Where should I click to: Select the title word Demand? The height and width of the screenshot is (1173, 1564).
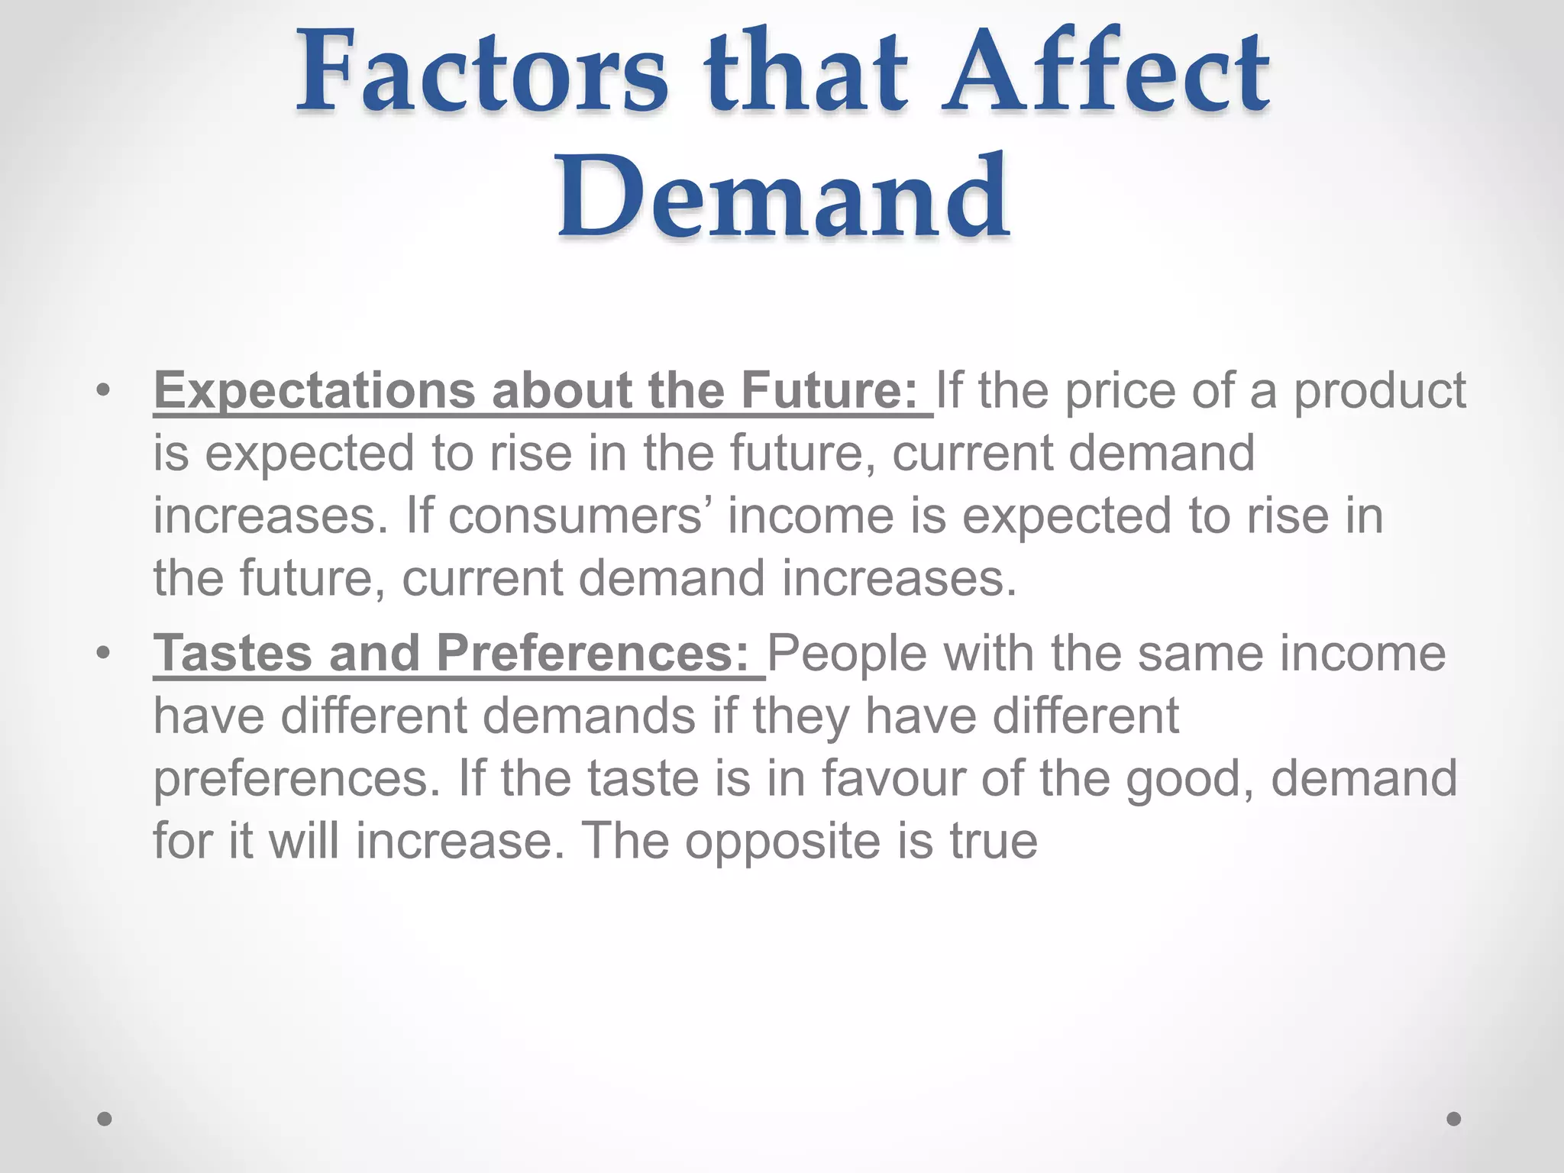(784, 197)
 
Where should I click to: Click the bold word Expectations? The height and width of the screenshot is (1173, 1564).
(314, 391)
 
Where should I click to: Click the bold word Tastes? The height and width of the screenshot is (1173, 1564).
(233, 654)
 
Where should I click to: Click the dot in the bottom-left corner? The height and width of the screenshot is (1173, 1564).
(105, 1119)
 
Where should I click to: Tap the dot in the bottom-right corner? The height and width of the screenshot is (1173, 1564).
(1454, 1119)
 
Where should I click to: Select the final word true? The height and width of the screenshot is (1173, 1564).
(993, 842)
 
